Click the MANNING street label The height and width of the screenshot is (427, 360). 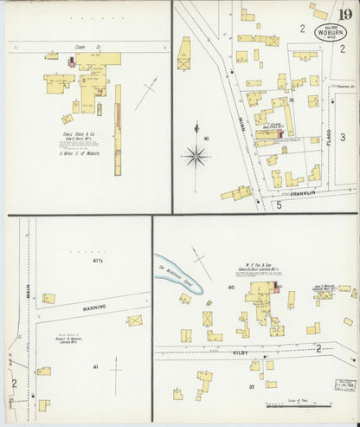94,307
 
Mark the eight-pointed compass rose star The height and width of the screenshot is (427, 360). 196,157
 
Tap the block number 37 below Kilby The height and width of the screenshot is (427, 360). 251,386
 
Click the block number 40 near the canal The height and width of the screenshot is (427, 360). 232,287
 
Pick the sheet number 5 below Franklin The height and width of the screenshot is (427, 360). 279,205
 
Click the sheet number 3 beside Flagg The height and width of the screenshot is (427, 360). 342,137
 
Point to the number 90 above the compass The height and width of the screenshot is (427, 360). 206,138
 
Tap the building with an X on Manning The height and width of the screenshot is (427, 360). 134,320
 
